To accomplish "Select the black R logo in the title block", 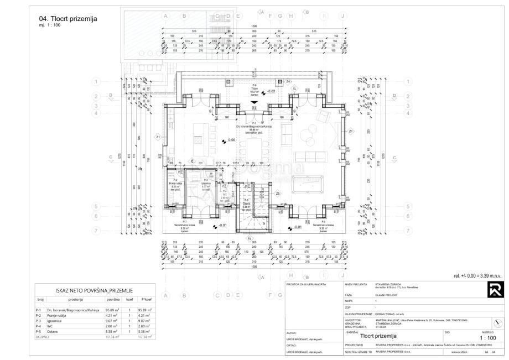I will [493, 289].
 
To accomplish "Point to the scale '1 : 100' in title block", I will [487, 337].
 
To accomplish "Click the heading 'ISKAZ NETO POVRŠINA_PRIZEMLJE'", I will [94, 290].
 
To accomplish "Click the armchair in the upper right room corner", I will [324, 116].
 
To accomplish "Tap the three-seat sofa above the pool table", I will [308, 156].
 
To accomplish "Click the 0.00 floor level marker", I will [228, 140].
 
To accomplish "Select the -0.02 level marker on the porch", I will [270, 91].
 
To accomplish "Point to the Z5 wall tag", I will [278, 194].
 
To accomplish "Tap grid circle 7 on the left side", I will [96, 230].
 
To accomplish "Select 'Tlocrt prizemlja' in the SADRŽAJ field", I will [379, 335].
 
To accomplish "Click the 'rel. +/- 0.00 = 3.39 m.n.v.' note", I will [477, 275].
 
